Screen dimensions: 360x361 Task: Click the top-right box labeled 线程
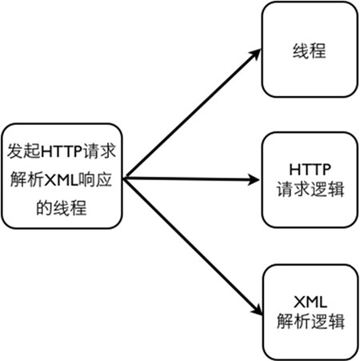(x=310, y=50)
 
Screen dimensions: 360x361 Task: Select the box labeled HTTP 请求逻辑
(x=310, y=180)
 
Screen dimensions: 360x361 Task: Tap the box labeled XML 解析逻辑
(x=310, y=312)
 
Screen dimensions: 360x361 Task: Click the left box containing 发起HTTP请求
(x=62, y=176)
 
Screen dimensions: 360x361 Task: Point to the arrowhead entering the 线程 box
(x=256, y=53)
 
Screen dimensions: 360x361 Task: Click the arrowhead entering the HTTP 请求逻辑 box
(x=254, y=179)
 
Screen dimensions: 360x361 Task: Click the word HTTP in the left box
(x=62, y=151)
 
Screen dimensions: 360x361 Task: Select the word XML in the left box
(x=61, y=180)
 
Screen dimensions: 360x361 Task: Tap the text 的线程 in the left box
(x=62, y=208)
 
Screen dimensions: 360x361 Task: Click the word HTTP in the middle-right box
(x=310, y=170)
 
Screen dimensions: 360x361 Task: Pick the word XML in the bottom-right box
(x=310, y=303)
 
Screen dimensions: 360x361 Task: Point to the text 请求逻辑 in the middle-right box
(x=310, y=189)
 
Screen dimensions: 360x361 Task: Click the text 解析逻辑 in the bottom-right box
(x=310, y=321)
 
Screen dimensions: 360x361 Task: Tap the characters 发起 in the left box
(x=24, y=151)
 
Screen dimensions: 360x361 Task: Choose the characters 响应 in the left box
(x=95, y=180)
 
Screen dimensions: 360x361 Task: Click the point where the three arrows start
(x=125, y=178)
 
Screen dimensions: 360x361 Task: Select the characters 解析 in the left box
(x=27, y=180)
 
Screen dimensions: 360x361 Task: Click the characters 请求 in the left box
(x=99, y=151)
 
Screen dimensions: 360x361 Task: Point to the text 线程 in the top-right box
(x=310, y=51)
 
